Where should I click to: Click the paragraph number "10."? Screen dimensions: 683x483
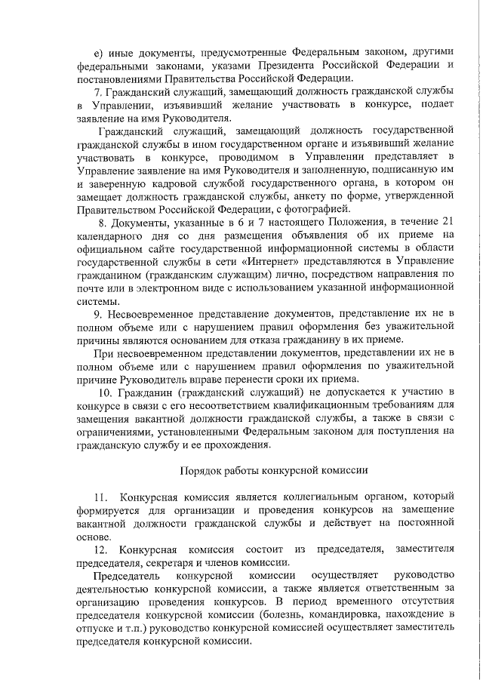click(106, 395)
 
